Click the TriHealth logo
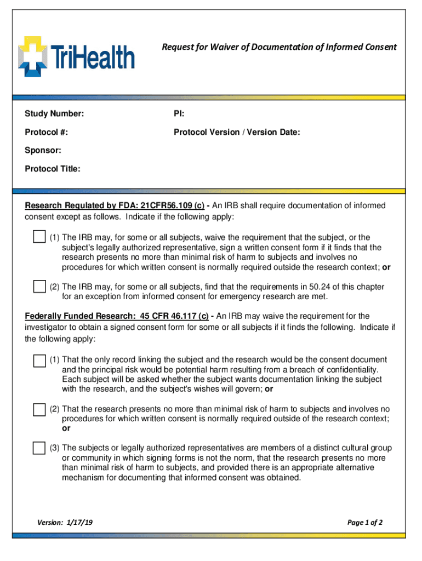pyautogui.click(x=76, y=56)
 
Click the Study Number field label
pyautogui.click(x=54, y=114)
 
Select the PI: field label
pyautogui.click(x=179, y=114)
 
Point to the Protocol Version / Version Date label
pyautogui.click(x=237, y=132)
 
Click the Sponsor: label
pyautogui.click(x=43, y=150)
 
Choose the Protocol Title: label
pyautogui.click(x=53, y=169)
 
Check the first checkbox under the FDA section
pyautogui.click(x=39, y=237)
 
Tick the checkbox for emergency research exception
pyautogui.click(x=39, y=287)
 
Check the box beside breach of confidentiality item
pyautogui.click(x=39, y=360)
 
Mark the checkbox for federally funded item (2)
pyautogui.click(x=39, y=410)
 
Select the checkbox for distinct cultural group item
pyautogui.click(x=39, y=448)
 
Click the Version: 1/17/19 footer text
pyautogui.click(x=65, y=522)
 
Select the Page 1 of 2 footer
pyautogui.click(x=365, y=522)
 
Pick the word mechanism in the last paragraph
pyautogui.click(x=82, y=477)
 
